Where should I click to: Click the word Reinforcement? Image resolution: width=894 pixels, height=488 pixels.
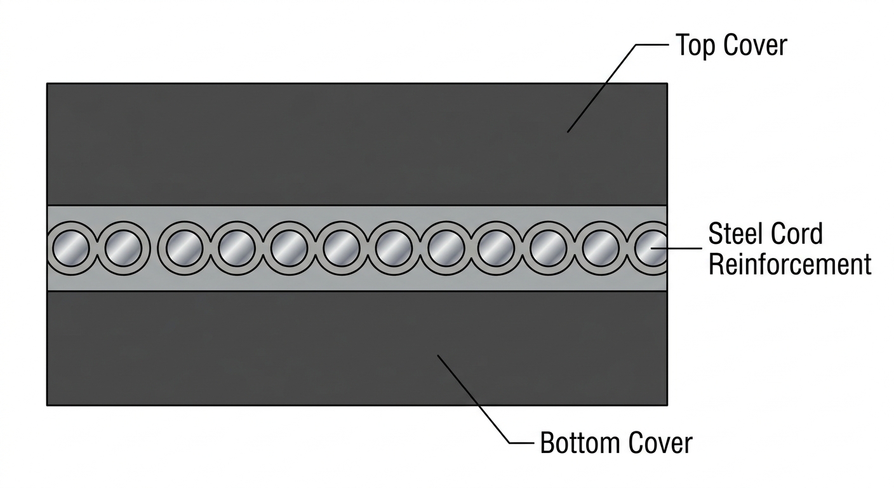(x=789, y=264)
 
